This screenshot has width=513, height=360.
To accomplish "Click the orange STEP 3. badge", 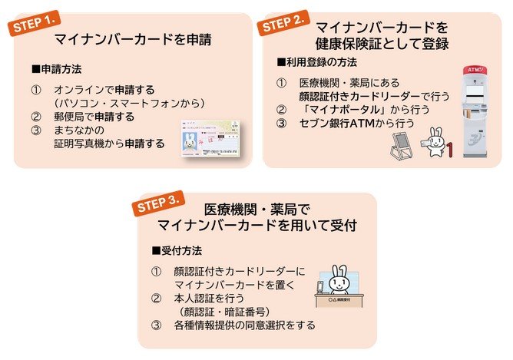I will tap(158, 205).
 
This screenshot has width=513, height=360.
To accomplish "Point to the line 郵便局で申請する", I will tap(94, 117).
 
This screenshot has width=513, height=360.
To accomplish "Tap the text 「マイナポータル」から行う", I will tap(356, 110).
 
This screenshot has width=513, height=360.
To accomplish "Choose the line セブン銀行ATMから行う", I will tap(356, 123).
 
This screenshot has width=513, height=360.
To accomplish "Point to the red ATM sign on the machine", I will tap(475, 71).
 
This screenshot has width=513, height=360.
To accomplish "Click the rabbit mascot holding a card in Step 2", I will tap(435, 142).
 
